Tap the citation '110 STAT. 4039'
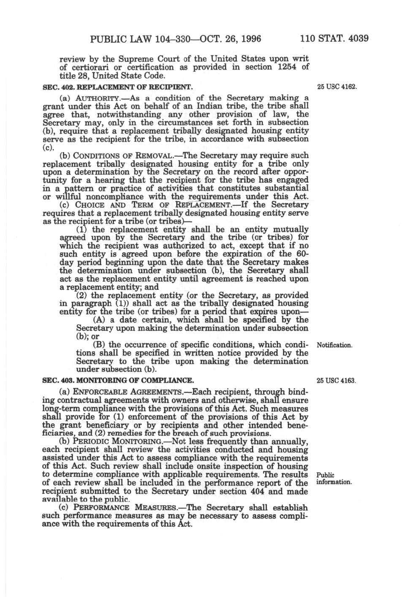click(x=334, y=39)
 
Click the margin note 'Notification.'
click(x=335, y=345)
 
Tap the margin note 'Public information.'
click(x=334, y=479)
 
